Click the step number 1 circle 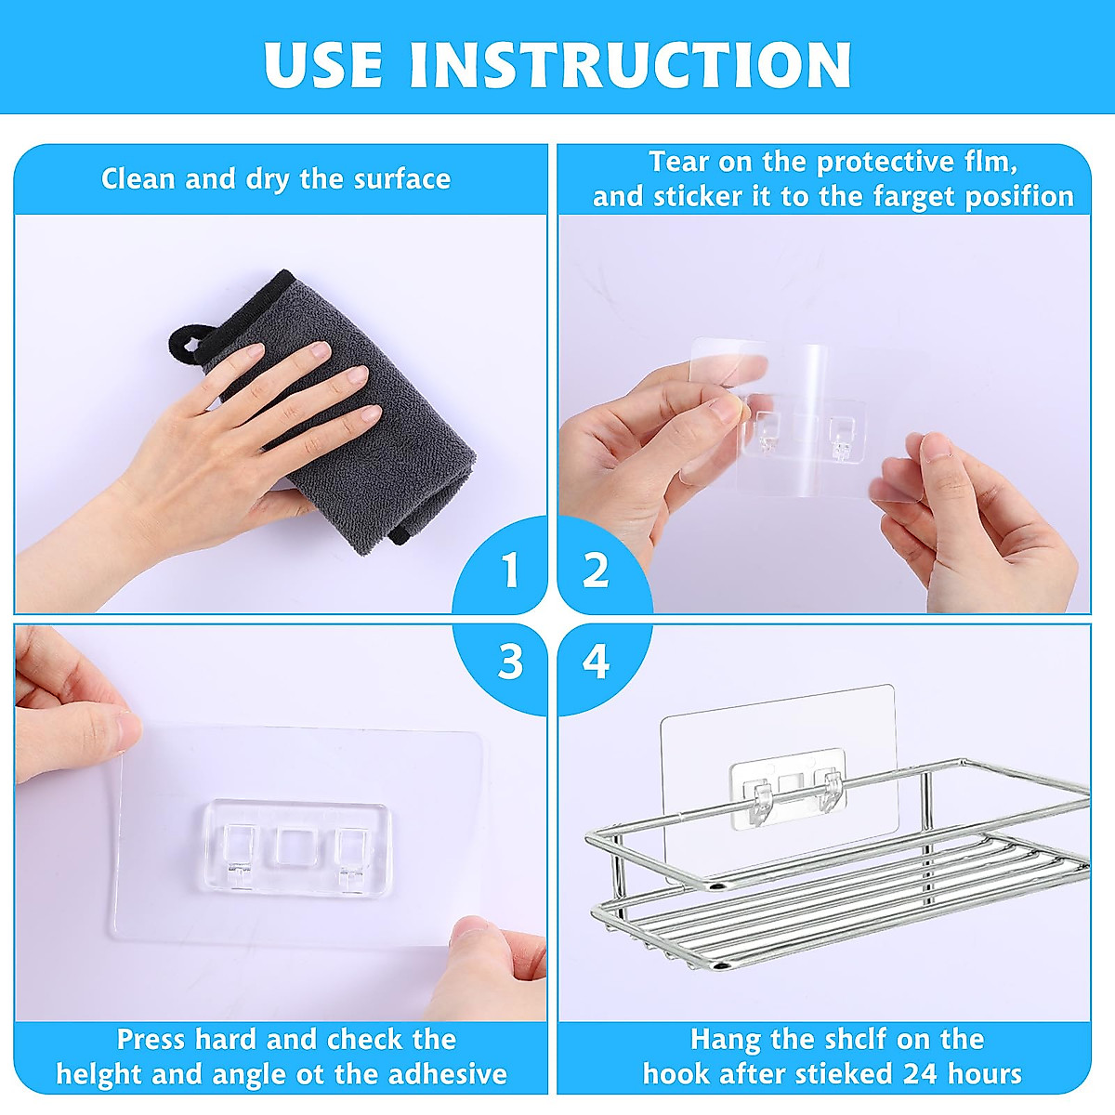[x=508, y=570]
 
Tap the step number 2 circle [x=596, y=570]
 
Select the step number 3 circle [x=510, y=662]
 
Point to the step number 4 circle [x=596, y=662]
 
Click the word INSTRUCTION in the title [x=630, y=64]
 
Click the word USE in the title [x=323, y=64]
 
